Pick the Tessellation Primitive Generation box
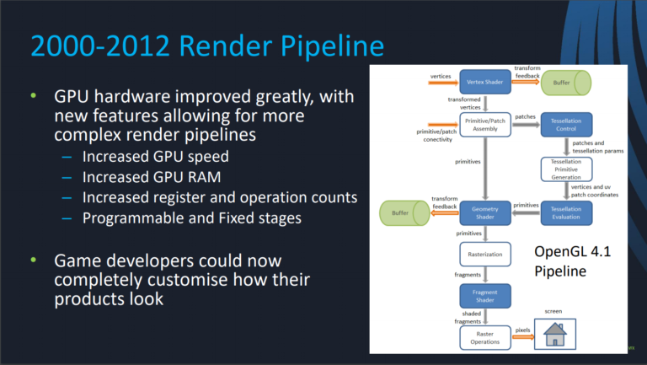coord(566,169)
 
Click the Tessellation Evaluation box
coord(566,213)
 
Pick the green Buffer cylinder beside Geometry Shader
coord(404,213)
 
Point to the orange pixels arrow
coord(523,337)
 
